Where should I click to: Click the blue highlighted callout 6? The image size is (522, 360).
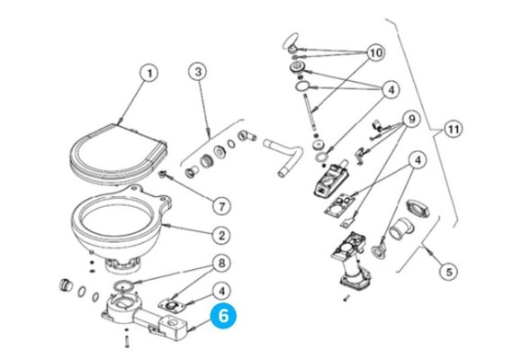click(x=221, y=317)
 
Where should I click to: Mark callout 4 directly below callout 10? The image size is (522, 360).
click(x=391, y=88)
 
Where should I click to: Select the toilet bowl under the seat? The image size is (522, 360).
click(x=118, y=221)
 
